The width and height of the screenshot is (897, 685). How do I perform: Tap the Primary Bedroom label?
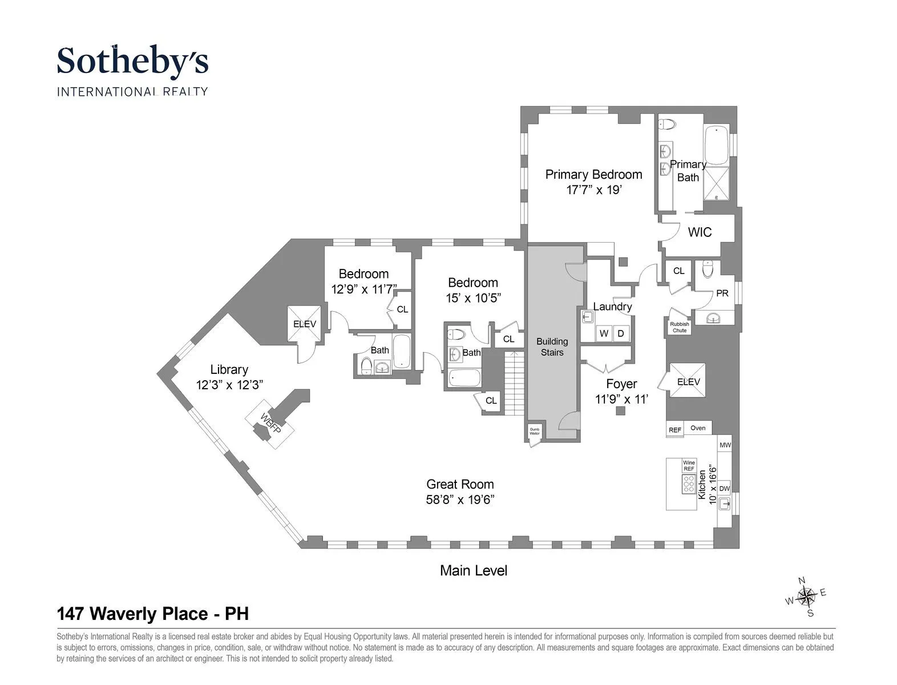[x=593, y=174]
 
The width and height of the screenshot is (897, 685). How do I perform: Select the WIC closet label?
[x=700, y=232]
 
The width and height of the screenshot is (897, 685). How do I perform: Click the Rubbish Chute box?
[x=679, y=327]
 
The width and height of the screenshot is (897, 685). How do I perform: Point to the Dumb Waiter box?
[x=534, y=432]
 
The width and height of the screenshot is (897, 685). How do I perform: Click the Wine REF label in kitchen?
[x=689, y=465]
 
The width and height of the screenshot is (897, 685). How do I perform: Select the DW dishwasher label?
[x=724, y=489]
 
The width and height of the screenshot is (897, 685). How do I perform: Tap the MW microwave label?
[x=725, y=445]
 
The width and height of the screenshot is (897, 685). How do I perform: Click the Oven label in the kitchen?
[x=697, y=428]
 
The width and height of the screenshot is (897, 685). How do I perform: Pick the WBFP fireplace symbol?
[x=271, y=422]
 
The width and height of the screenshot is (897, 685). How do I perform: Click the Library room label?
[x=229, y=369]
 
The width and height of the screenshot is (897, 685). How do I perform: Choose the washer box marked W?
[x=604, y=333]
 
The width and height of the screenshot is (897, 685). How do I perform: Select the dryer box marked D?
[x=621, y=333]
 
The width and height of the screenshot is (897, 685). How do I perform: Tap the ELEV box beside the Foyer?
[x=688, y=381]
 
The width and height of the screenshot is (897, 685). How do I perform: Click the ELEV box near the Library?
[x=304, y=324]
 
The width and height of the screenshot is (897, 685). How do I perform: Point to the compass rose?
[x=806, y=597]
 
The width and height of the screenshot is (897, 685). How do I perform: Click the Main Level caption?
[x=473, y=570]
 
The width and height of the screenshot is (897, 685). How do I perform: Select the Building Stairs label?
[x=552, y=346]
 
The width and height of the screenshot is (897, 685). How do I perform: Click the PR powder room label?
[x=722, y=293]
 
